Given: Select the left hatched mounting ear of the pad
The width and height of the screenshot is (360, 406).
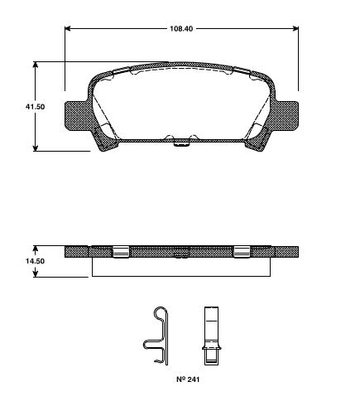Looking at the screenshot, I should point(76,114).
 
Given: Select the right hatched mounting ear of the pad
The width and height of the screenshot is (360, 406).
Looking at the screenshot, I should point(286,114).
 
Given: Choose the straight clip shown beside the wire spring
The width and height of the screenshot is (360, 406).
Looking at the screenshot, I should point(210,336).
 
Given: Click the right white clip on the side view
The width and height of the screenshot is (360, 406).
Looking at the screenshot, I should point(242,252).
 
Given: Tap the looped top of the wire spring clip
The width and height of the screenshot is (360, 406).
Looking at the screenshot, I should point(159,313).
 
